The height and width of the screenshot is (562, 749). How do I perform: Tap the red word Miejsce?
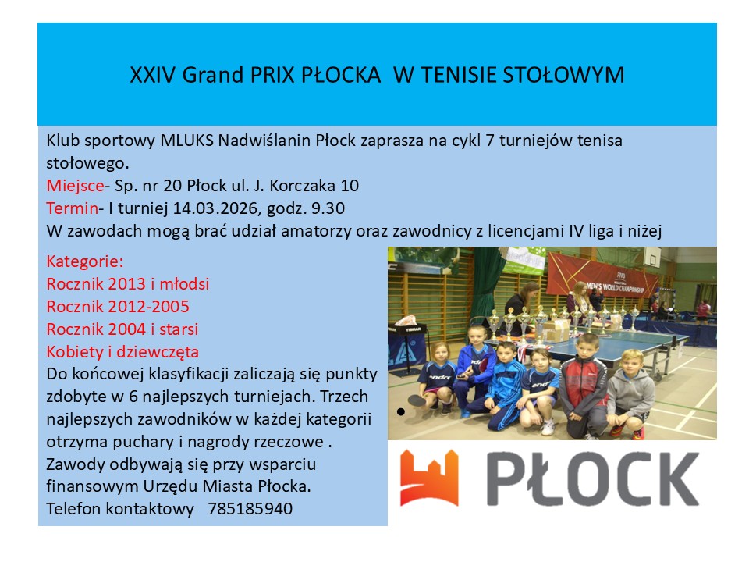tap(75, 186)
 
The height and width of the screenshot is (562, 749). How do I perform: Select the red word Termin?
tap(72, 208)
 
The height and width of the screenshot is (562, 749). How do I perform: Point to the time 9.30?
tap(328, 208)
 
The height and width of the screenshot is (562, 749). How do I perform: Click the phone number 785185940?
tap(250, 508)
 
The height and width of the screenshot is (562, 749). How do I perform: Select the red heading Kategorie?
tap(84, 261)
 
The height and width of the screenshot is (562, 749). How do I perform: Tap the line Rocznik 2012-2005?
tap(118, 306)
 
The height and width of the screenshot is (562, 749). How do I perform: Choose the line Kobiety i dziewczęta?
tap(122, 352)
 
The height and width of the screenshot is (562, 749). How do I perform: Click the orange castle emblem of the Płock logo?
tap(429, 478)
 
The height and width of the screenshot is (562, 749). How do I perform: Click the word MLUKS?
tap(186, 140)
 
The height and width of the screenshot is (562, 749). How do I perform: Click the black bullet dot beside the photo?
tap(401, 411)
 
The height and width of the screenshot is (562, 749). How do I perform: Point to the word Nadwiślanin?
tap(264, 140)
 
